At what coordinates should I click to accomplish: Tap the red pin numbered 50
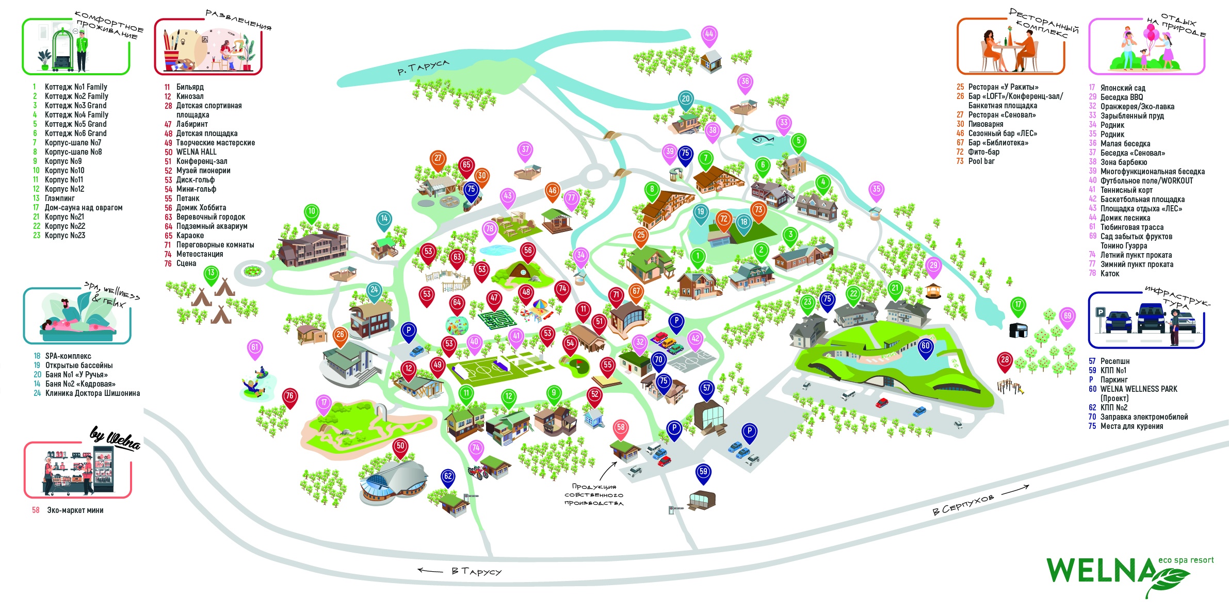(x=400, y=446)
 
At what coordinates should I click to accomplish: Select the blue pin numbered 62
(x=448, y=477)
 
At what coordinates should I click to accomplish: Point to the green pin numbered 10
(x=311, y=212)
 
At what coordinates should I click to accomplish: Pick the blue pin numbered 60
(x=926, y=347)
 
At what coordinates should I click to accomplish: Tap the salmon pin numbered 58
(x=621, y=428)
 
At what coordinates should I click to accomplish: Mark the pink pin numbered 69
(x=1068, y=317)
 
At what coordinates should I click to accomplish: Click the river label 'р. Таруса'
(x=423, y=68)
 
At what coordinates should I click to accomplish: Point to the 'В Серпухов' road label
(x=963, y=505)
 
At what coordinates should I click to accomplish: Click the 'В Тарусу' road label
(x=476, y=571)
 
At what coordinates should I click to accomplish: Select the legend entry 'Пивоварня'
(x=985, y=124)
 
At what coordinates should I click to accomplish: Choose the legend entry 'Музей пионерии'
(x=203, y=171)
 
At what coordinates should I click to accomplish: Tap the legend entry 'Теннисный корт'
(x=1126, y=190)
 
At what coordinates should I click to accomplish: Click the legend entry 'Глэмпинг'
(x=60, y=198)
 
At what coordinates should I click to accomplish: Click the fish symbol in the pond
(x=763, y=139)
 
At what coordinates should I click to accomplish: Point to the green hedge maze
(x=497, y=319)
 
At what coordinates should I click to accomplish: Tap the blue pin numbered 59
(x=703, y=472)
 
